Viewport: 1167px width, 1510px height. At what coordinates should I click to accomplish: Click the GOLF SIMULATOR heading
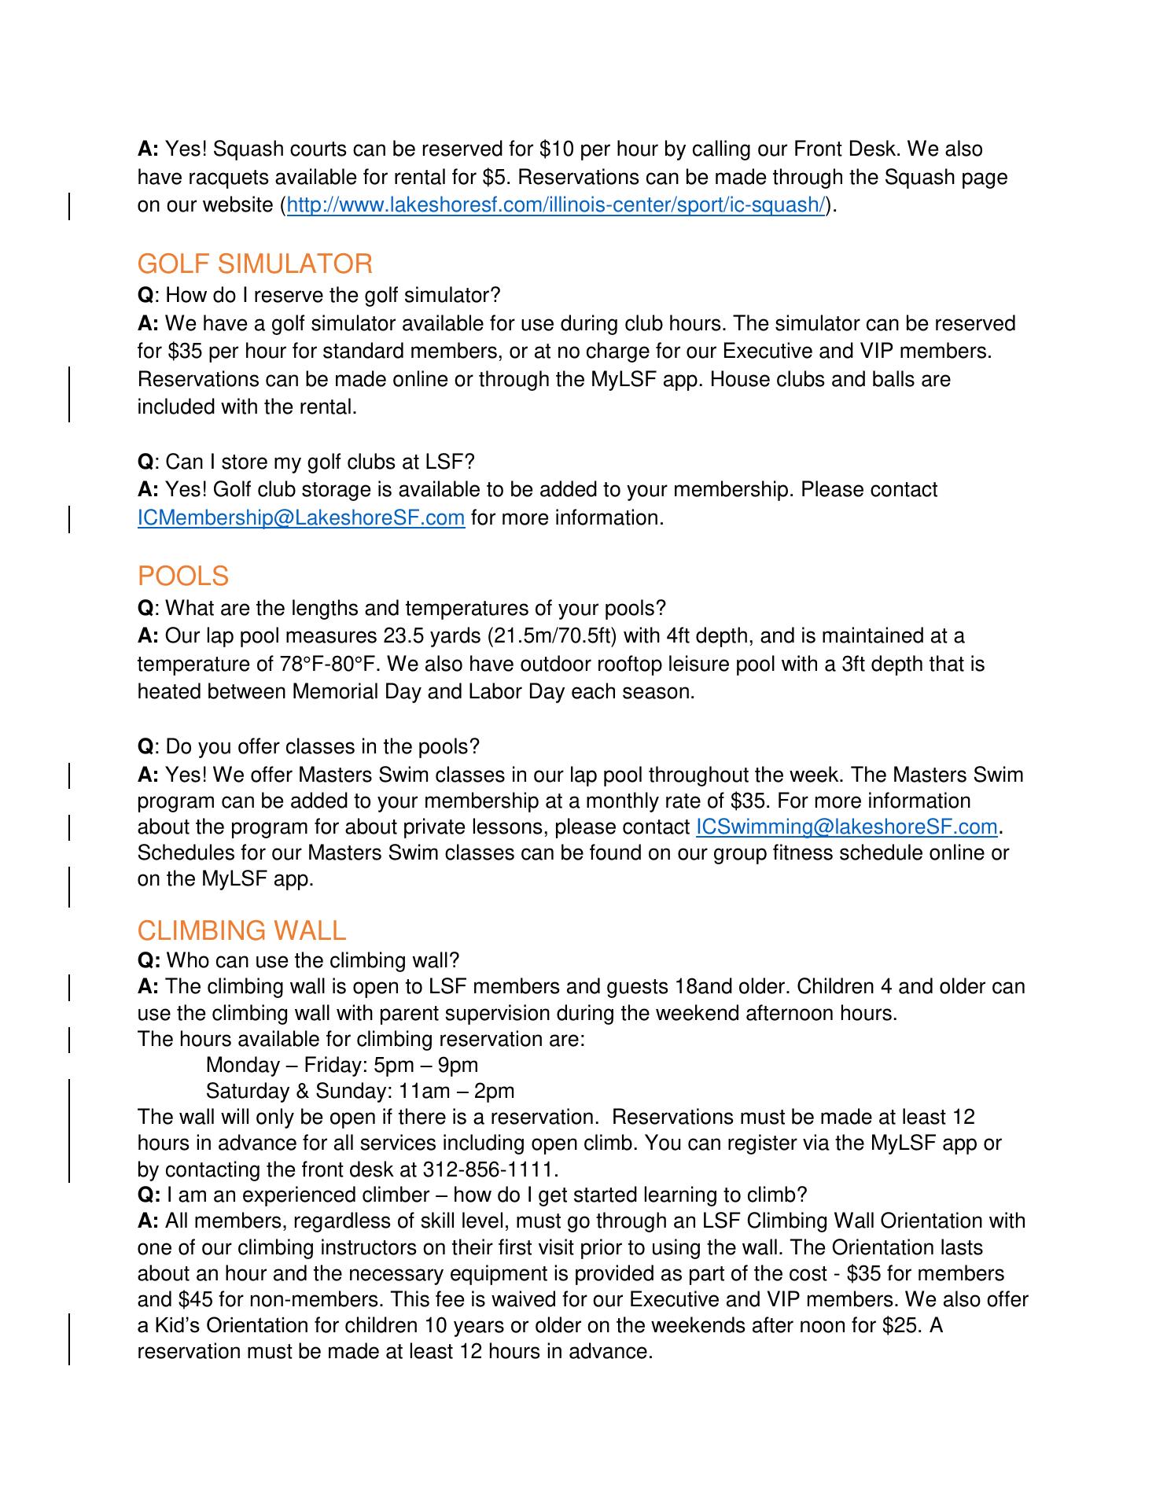pos(255,264)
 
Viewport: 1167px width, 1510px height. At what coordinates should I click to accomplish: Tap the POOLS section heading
pos(182,576)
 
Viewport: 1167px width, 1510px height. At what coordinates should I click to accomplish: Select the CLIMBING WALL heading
pos(241,930)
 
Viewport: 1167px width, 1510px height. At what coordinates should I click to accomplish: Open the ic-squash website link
pos(556,205)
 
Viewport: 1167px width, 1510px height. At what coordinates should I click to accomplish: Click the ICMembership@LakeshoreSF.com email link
pos(300,518)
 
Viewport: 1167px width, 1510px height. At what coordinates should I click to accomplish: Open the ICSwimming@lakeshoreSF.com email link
pos(846,827)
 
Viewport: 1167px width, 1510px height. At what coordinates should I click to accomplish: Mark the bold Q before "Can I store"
pos(145,461)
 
